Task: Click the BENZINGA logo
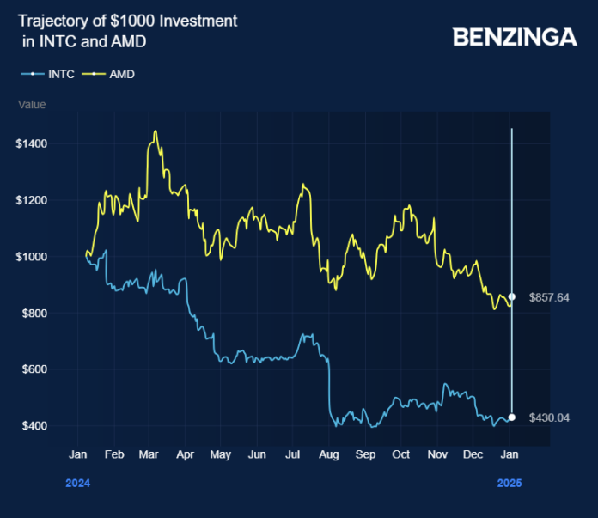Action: [515, 37]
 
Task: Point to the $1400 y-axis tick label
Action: [31, 143]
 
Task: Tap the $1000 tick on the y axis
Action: [31, 257]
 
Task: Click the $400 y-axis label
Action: [34, 426]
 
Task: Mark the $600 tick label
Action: [34, 369]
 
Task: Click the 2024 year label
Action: [77, 484]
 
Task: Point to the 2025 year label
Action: [510, 484]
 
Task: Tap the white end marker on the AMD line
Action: [512, 296]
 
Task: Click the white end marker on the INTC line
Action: [512, 417]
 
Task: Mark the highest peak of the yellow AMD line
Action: [155, 131]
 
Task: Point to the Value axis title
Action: [32, 105]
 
